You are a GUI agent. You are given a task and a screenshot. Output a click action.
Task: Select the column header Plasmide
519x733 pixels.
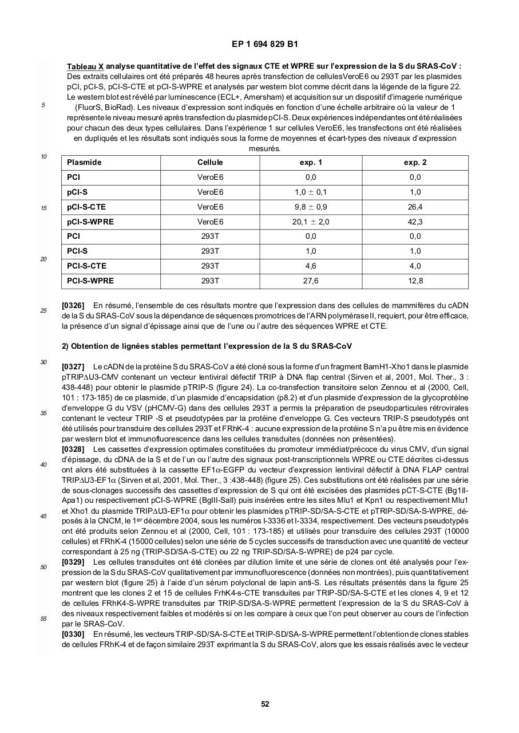[x=84, y=163]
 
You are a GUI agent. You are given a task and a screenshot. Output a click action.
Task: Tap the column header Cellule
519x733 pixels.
[x=210, y=163]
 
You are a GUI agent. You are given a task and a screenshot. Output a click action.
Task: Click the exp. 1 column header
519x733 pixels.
[x=311, y=163]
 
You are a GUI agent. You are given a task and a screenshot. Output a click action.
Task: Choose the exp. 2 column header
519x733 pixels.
[x=415, y=163]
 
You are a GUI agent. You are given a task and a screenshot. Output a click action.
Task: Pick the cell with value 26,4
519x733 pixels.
[x=415, y=207]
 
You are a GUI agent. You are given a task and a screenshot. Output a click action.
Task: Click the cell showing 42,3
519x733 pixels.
[x=415, y=222]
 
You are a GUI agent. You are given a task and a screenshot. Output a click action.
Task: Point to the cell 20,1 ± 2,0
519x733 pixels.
[x=311, y=222]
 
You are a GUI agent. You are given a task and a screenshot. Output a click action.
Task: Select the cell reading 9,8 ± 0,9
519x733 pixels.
[x=311, y=207]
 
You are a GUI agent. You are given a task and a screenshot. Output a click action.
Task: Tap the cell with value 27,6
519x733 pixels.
[x=311, y=281]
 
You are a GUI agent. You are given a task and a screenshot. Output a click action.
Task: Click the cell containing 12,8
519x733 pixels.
[x=415, y=281]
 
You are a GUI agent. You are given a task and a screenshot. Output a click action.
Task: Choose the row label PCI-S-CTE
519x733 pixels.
[x=86, y=266]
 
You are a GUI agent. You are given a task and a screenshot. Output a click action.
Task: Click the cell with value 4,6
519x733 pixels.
[x=311, y=266]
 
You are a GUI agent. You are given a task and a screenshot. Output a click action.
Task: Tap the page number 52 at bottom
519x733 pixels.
[x=265, y=704]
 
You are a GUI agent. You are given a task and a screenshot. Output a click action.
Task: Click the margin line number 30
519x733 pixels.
[x=43, y=362]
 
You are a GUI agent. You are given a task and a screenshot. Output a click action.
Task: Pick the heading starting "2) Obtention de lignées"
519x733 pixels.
[x=207, y=346]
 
